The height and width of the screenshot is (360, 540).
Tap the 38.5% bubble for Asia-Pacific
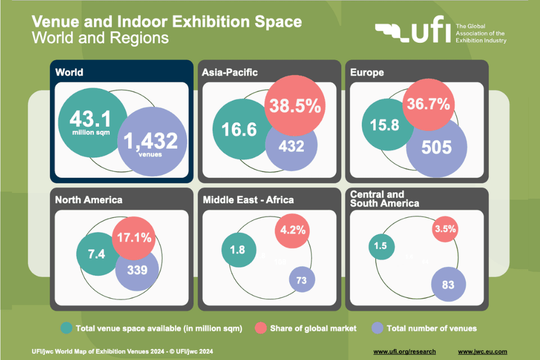[x=296, y=106]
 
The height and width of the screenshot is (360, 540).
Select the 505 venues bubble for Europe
[x=437, y=147]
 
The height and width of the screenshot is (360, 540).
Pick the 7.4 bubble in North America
[x=97, y=253]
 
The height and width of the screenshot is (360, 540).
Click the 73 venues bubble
[x=302, y=280]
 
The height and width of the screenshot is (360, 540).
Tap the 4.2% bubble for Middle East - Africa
[x=292, y=229]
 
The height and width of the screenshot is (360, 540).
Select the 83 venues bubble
[x=448, y=285]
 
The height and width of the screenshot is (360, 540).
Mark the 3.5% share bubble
[x=445, y=229]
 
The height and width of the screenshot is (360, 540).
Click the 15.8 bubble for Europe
[x=384, y=124]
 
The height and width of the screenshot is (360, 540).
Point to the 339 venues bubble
[x=137, y=269]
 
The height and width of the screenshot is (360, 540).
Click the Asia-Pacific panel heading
[x=231, y=72]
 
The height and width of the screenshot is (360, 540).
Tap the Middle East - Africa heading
[x=248, y=200]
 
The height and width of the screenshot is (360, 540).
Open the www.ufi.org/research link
[x=405, y=352]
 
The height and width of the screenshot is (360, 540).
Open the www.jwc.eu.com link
[x=482, y=352]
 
